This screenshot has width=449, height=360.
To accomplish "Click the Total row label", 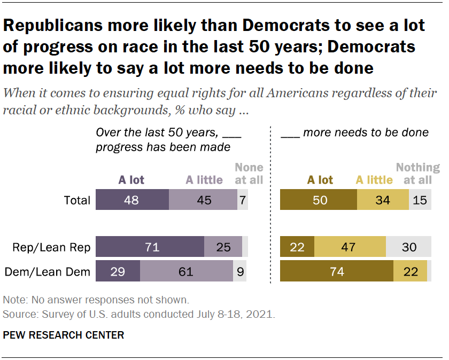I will (77, 201).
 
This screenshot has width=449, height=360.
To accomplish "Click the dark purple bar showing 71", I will (150, 247).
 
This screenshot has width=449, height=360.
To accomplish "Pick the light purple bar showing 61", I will (186, 272).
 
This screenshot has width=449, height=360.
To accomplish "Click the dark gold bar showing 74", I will (337, 272).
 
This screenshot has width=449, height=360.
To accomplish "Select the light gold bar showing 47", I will (350, 247).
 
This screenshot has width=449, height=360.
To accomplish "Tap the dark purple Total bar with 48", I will (132, 201).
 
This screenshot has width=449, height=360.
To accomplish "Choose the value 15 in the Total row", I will (420, 201).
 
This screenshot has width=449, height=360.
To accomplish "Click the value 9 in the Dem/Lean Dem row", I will (239, 272).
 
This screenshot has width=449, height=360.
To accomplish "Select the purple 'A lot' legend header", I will (131, 179).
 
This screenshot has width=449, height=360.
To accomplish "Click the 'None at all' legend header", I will (249, 174).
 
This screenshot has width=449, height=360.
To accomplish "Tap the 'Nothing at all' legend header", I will (417, 174).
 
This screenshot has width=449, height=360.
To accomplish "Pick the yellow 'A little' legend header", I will (374, 179).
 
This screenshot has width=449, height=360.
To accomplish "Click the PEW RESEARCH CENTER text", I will (64, 335).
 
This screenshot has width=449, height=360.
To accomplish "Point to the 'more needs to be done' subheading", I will (355, 132).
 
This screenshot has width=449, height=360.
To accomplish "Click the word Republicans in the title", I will (59, 26).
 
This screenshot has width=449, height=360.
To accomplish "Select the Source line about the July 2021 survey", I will (139, 314).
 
